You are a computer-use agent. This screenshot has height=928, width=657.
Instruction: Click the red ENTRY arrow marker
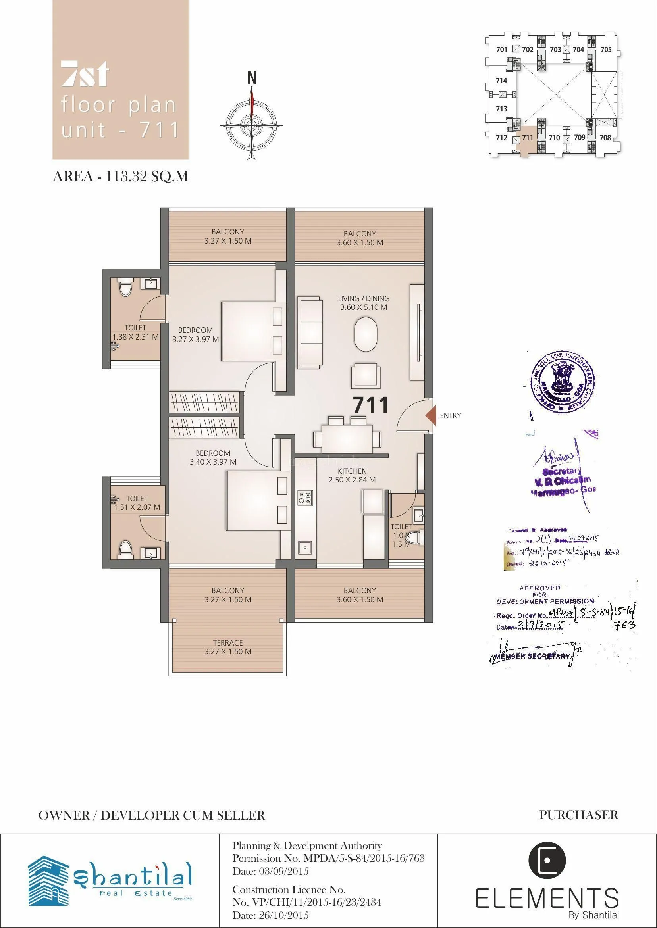(x=431, y=415)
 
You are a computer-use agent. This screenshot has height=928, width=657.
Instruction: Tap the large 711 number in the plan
(x=370, y=405)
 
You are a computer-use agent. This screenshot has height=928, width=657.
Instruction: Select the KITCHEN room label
(x=352, y=471)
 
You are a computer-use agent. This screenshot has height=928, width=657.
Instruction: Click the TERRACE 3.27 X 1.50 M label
(x=228, y=647)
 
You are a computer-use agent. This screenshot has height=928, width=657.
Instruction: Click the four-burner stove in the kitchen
(x=305, y=498)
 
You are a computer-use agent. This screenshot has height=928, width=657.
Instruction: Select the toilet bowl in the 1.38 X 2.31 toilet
(x=125, y=288)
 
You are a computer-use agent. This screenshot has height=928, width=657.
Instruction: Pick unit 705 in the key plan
(x=606, y=49)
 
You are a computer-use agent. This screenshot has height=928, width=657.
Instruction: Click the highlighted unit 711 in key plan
(x=527, y=138)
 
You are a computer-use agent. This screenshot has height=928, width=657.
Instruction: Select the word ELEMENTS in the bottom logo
(x=547, y=899)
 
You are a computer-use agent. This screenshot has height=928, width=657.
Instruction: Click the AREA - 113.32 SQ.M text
(x=121, y=176)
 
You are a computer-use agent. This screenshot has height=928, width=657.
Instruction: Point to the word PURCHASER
(x=578, y=815)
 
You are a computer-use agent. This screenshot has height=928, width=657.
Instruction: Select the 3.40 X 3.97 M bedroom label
(x=213, y=462)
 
